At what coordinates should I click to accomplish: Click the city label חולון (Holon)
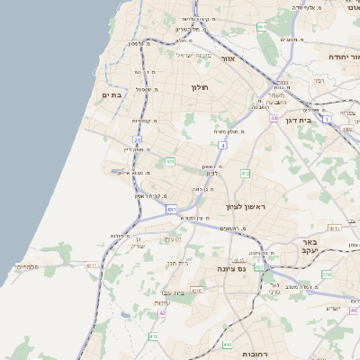[200, 87]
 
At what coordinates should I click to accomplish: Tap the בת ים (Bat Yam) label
[112, 95]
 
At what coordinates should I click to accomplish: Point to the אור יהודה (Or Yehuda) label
[326, 56]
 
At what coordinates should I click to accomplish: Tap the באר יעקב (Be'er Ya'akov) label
[311, 247]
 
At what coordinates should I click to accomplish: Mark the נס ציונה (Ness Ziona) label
[232, 269]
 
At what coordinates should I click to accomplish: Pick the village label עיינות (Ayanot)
[162, 302]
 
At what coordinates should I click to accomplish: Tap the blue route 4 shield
[221, 144]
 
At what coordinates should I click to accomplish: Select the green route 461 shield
[262, 28]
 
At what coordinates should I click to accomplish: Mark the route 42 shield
[161, 313]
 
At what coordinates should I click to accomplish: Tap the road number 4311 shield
[92, 265]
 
